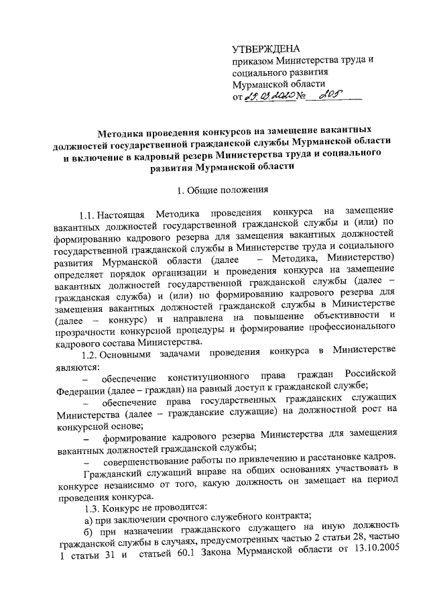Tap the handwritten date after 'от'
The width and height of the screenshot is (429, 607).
[x=267, y=98]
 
